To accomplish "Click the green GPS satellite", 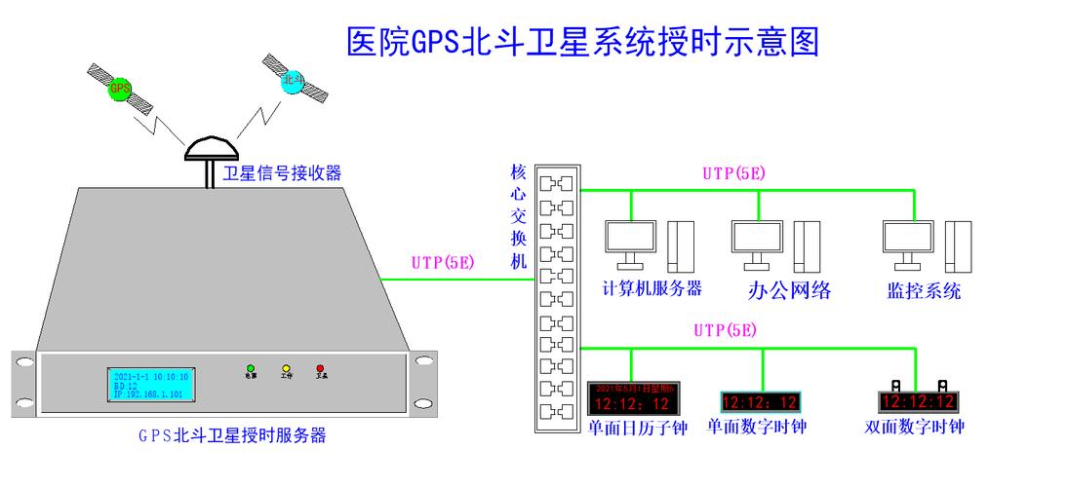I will pyautogui.click(x=120, y=90).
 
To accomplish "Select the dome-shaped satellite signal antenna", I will pyautogui.click(x=210, y=147).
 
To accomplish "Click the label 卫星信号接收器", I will pyautogui.click(x=283, y=173).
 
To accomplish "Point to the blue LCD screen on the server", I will pyautogui.click(x=151, y=384).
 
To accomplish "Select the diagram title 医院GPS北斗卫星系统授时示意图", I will pyautogui.click(x=582, y=42).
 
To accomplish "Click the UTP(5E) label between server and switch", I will pyautogui.click(x=443, y=262).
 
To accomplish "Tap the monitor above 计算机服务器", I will pyautogui.click(x=630, y=241).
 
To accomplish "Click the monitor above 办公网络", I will pyautogui.click(x=758, y=241).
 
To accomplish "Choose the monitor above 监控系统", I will pyautogui.click(x=909, y=241).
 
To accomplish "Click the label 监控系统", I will pyautogui.click(x=924, y=290).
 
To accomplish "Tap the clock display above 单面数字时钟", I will pyautogui.click(x=761, y=401).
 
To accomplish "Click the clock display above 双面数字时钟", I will pyautogui.click(x=917, y=400).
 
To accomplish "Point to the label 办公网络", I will pyautogui.click(x=789, y=290).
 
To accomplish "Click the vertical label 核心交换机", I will pyautogui.click(x=519, y=216).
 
